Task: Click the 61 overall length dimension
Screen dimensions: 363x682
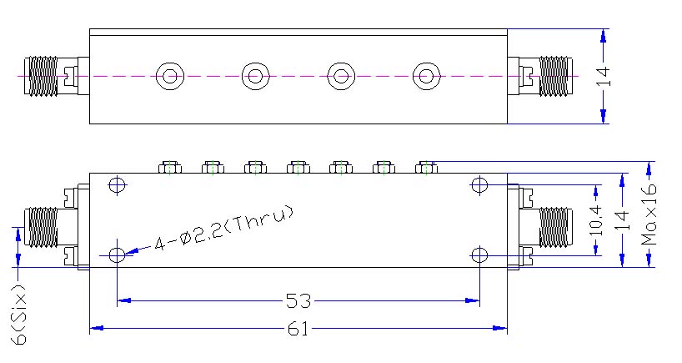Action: click(298, 329)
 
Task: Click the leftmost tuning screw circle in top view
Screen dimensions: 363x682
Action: click(170, 77)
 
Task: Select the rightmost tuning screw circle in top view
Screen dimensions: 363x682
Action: click(427, 77)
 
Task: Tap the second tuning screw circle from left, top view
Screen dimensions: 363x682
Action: click(255, 77)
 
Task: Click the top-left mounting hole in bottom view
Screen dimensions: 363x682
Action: click(118, 184)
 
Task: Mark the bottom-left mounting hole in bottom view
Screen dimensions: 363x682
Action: click(118, 254)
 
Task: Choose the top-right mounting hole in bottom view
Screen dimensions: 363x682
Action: click(479, 184)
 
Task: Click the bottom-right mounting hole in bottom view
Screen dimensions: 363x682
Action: click(479, 254)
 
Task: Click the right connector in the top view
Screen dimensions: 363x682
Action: click(547, 76)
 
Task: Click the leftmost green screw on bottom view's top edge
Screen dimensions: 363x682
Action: click(169, 168)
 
